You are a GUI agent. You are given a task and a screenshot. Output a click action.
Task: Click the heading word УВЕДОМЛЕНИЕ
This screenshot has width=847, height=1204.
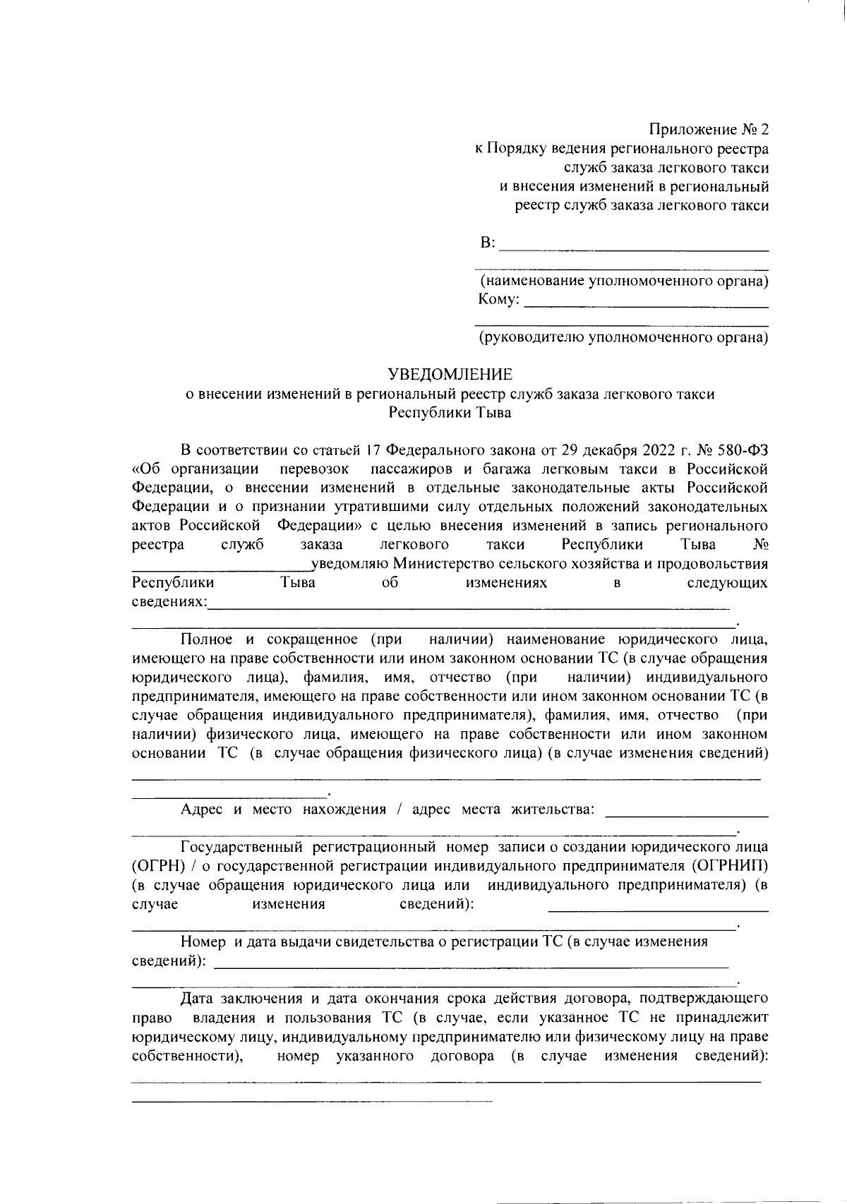pos(452,374)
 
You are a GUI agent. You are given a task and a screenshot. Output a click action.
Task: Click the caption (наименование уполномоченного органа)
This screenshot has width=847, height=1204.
pos(624,282)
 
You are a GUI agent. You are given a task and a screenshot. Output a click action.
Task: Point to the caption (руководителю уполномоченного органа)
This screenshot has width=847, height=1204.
pos(624,338)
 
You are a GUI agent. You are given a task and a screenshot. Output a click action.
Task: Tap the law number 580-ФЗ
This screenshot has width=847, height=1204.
pos(745,450)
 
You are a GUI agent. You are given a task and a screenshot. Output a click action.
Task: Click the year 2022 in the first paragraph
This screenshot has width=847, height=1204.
pos(659,450)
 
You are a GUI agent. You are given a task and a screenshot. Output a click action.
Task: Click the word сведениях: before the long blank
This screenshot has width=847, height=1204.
pos(170,602)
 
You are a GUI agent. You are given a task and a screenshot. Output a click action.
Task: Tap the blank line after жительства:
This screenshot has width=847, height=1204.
pos(687,815)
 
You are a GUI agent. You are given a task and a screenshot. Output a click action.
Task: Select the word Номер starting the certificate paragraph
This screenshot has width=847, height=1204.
pos(202,941)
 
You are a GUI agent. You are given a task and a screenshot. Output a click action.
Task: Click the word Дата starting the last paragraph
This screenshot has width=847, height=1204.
pos(198,999)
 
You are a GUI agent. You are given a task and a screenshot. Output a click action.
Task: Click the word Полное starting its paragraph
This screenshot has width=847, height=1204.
pos(207,639)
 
